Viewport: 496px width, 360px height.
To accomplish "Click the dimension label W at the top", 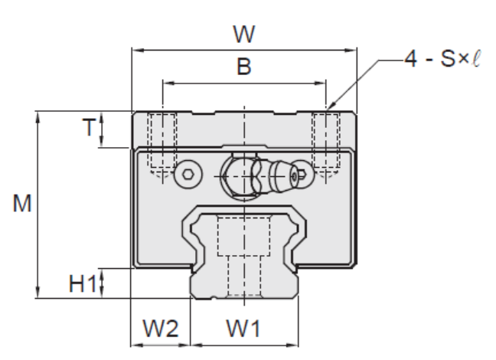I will click(243, 34).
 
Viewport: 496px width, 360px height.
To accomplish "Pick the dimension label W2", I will click(161, 330).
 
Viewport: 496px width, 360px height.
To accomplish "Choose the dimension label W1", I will click(243, 330).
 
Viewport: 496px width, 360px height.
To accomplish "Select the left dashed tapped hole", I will click(162, 142).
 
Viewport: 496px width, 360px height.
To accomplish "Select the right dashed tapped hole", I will click(325, 142).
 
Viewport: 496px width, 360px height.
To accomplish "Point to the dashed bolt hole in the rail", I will click(243, 253).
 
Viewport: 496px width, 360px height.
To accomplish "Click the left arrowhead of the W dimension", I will click(135, 51).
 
